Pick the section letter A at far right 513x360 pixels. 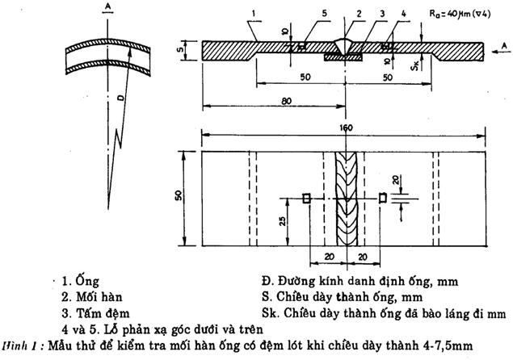[504, 47]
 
